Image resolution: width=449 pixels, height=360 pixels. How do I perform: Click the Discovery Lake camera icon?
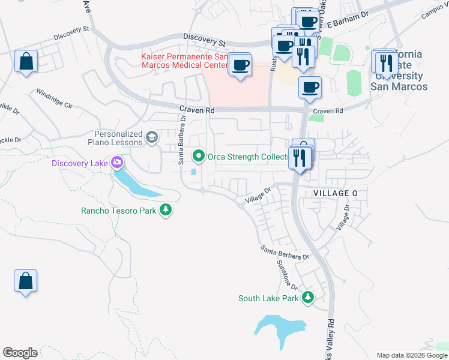(117, 163)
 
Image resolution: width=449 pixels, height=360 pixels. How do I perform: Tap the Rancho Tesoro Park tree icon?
(166, 210)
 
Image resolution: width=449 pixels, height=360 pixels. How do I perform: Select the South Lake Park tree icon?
(308, 298)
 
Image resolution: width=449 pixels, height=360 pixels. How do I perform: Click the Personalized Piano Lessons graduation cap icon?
(152, 137)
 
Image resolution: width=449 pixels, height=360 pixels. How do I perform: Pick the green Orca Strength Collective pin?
(199, 157)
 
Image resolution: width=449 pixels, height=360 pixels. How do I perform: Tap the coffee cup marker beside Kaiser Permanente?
(240, 65)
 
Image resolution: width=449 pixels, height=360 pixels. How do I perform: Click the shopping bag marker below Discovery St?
(26, 61)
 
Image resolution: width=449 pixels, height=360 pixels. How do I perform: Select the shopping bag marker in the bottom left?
(26, 281)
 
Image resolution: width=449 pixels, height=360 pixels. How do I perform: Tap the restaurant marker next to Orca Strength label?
(300, 158)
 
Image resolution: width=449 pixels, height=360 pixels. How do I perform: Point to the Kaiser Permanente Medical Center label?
(184, 61)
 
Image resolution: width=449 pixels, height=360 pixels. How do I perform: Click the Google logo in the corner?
(20, 353)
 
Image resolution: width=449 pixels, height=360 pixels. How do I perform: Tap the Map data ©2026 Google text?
(411, 355)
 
